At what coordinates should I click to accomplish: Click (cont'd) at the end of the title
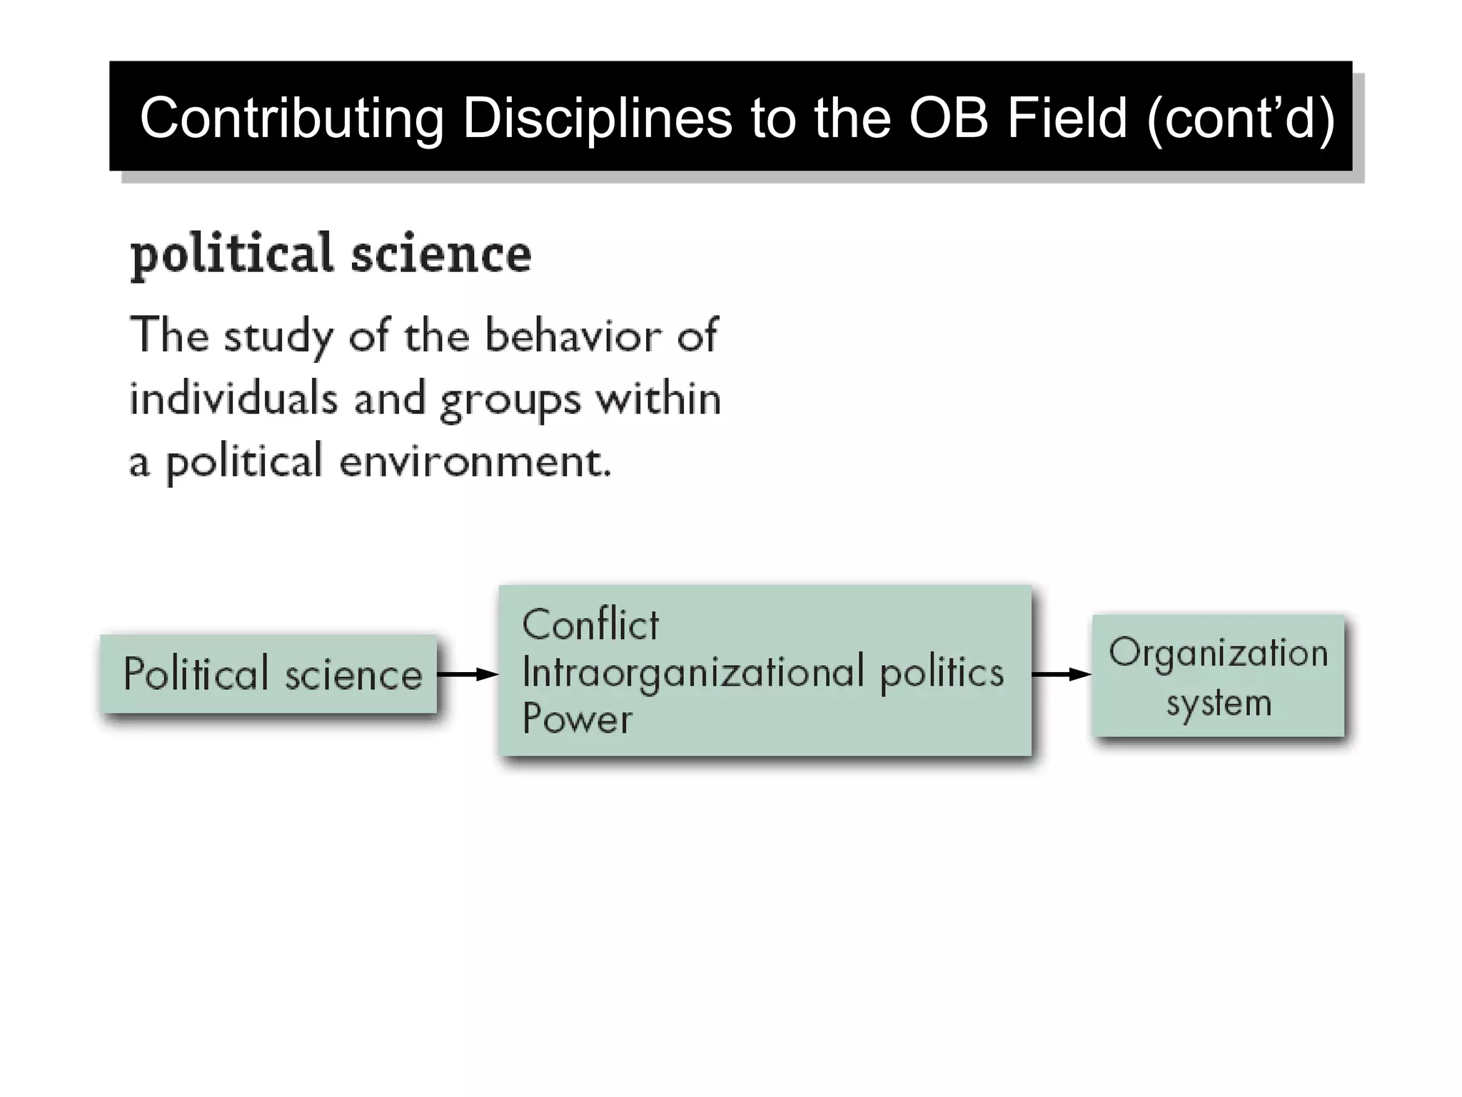pos(1241,118)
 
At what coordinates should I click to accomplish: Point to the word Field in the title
pos(1067,118)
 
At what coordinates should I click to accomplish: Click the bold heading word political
pos(232,254)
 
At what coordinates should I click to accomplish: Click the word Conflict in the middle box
pos(590,625)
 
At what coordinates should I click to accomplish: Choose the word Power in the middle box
pos(577,719)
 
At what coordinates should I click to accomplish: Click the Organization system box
pos(1218,676)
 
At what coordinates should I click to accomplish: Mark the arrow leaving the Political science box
pos(468,674)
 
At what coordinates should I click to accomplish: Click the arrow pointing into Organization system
pos(1062,674)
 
